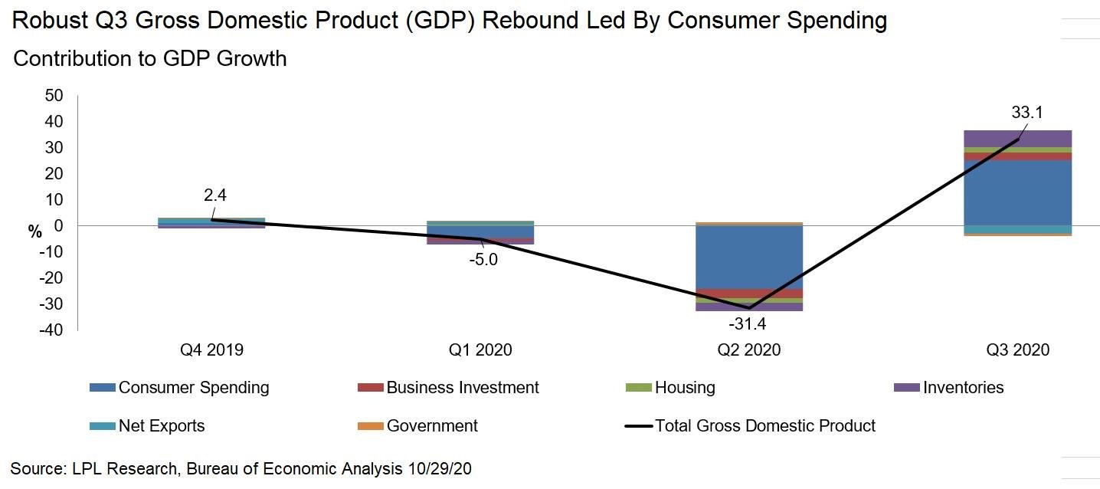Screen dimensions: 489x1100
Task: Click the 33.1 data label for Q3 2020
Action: (x=1026, y=113)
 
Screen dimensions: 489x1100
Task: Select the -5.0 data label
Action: (x=482, y=259)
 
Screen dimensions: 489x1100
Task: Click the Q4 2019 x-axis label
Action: (x=211, y=350)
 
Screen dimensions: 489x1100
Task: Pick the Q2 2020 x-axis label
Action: (x=748, y=350)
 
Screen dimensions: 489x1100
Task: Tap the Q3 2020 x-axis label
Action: (x=1017, y=350)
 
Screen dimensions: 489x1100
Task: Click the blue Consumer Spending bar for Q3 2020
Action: (x=1017, y=192)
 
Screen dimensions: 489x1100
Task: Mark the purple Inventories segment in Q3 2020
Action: (x=1017, y=138)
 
